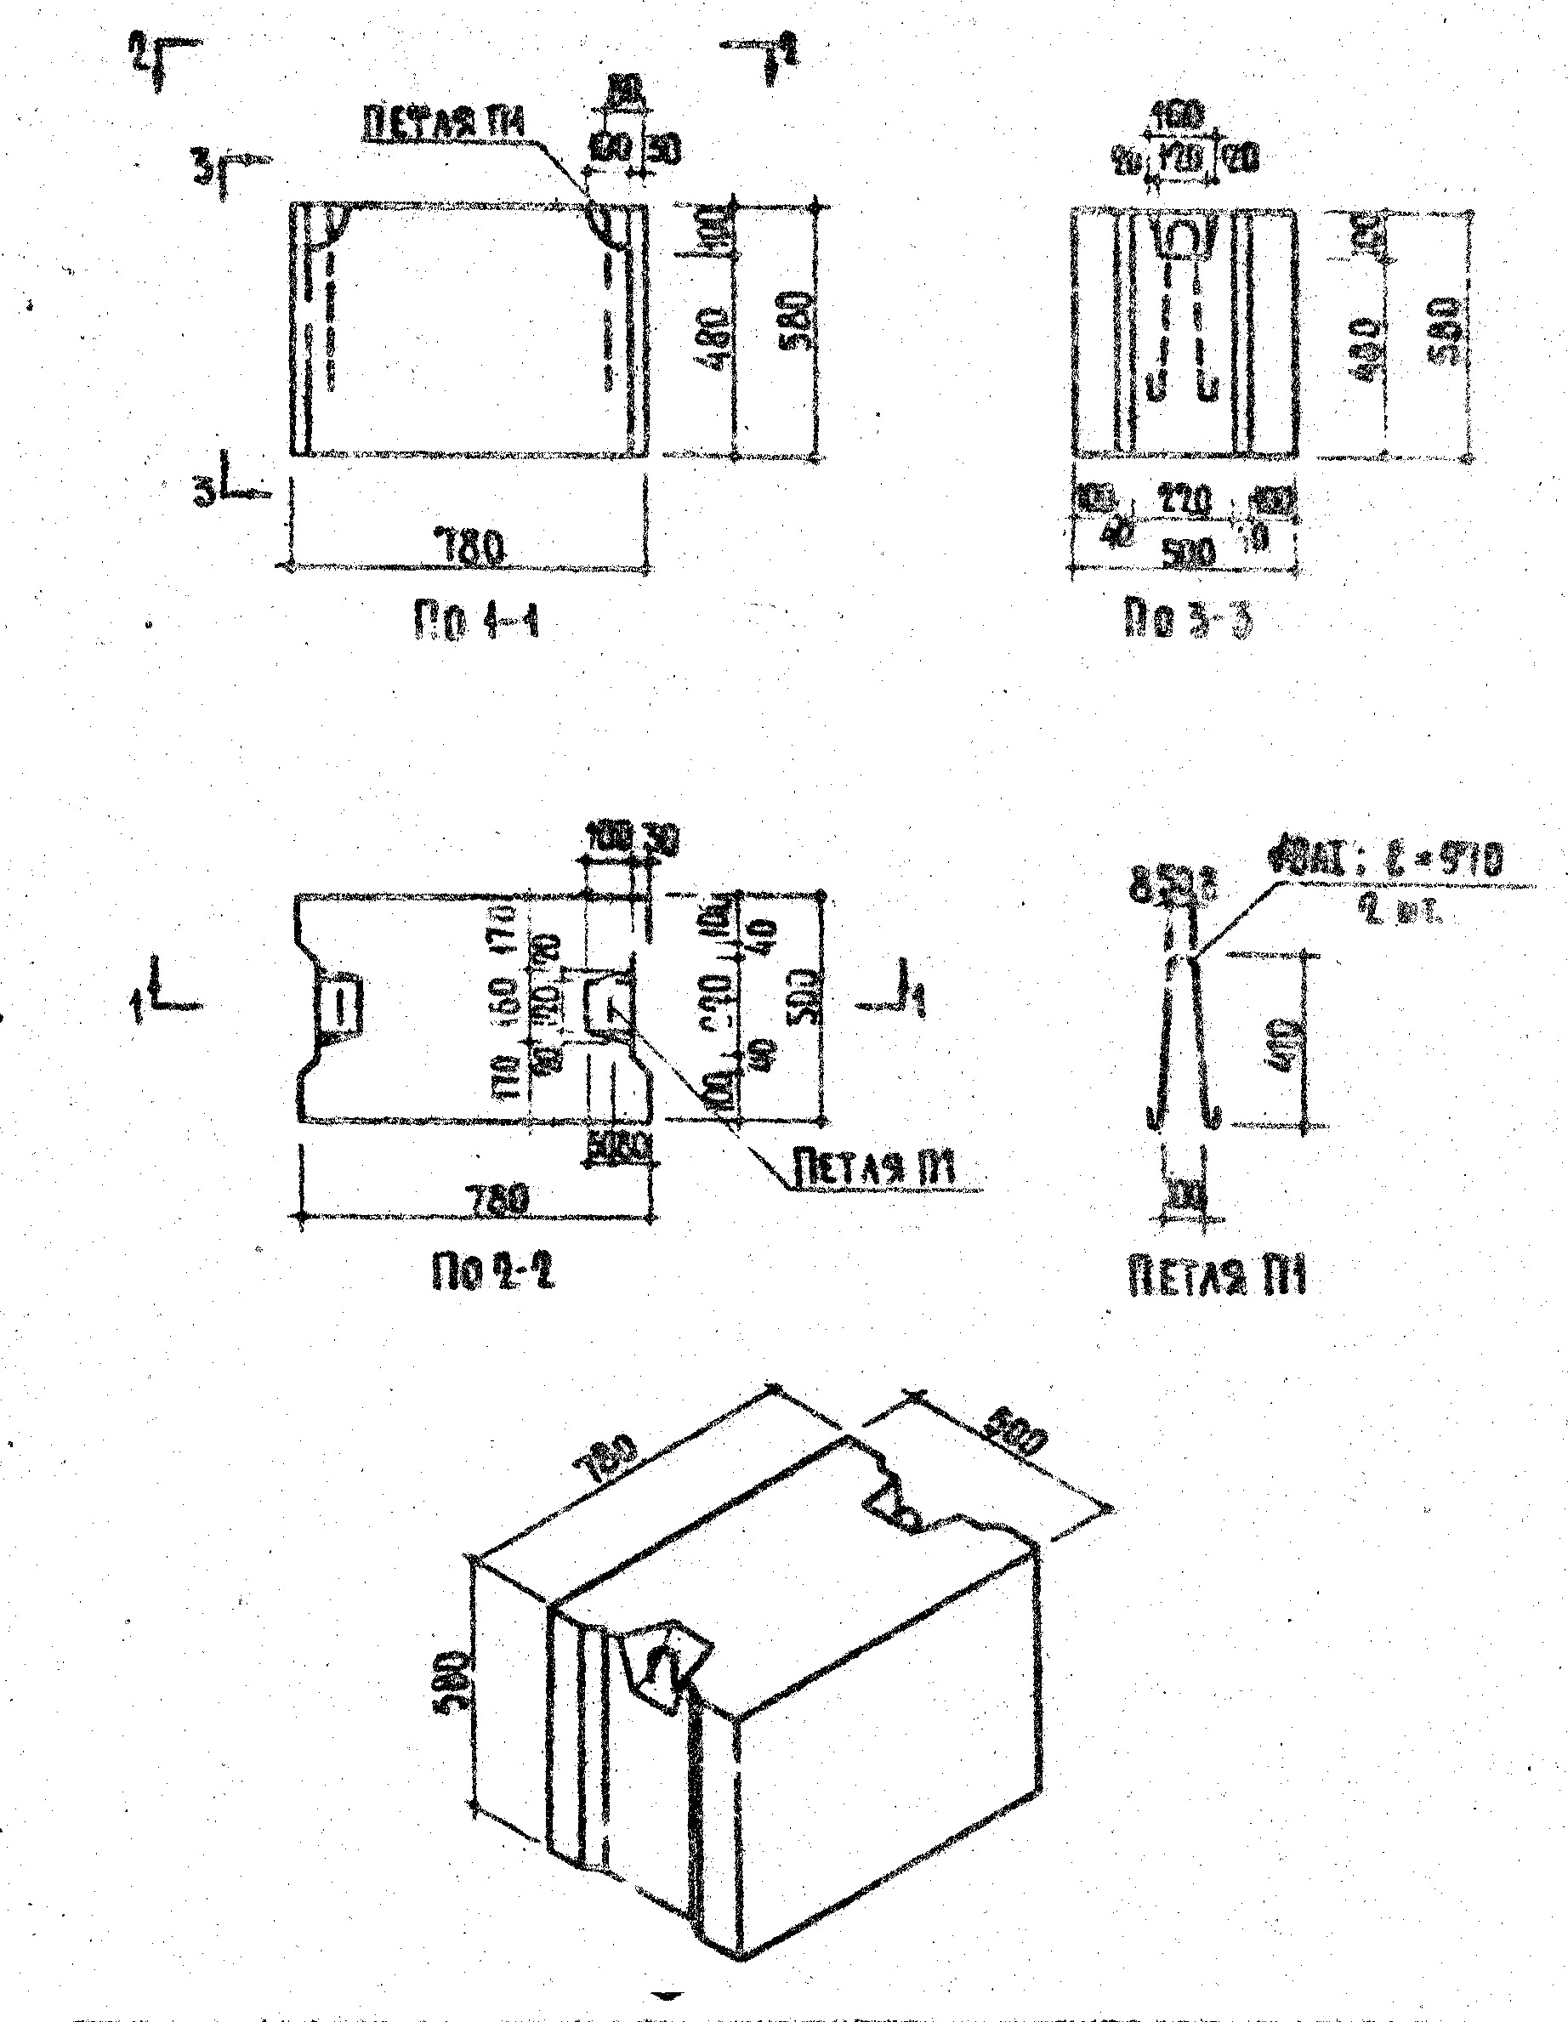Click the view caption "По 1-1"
pos(474,623)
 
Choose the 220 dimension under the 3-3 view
pos(1184,501)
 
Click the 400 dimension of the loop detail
pos(1288,1041)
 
